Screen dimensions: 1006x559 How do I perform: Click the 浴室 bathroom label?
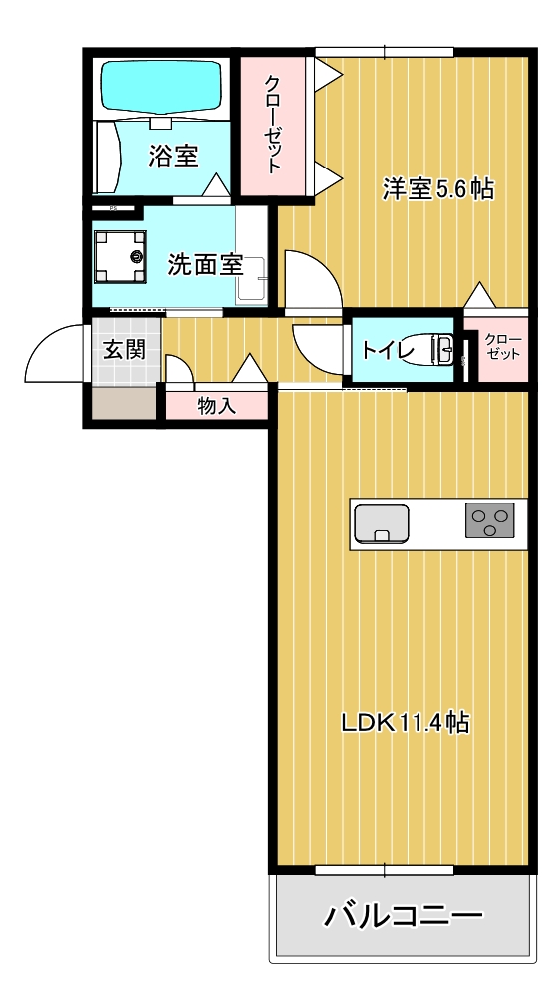click(173, 156)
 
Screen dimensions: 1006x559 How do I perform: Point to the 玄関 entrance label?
click(125, 349)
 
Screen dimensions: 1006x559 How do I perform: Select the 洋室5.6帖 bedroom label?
click(438, 188)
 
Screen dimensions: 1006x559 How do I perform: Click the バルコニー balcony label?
click(404, 915)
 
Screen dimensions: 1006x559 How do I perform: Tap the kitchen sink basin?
click(381, 522)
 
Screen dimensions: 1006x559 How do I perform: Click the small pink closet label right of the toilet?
click(502, 347)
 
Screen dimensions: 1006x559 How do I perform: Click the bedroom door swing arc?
click(313, 280)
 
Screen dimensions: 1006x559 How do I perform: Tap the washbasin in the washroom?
click(250, 280)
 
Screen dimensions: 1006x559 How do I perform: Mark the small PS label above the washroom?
click(114, 208)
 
